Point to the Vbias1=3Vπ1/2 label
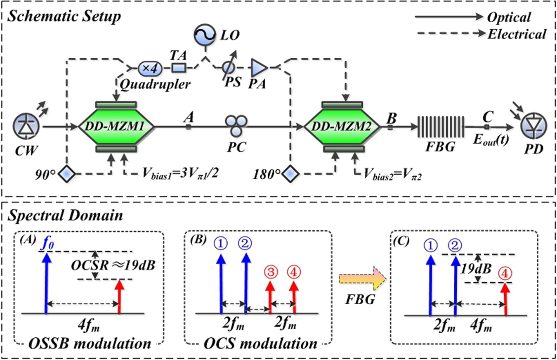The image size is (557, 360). pos(175,175)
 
